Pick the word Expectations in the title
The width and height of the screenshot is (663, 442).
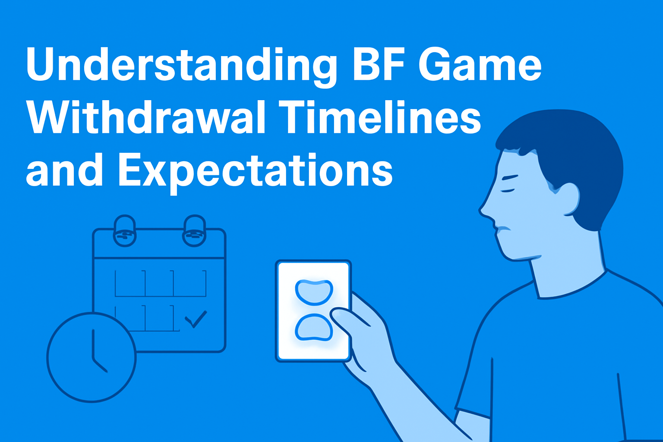255,171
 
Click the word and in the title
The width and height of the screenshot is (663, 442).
64,171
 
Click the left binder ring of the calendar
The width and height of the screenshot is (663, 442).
125,231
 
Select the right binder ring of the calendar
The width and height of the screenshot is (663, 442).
194,231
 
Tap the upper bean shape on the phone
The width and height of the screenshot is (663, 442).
314,292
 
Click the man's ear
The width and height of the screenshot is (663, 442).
566,199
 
